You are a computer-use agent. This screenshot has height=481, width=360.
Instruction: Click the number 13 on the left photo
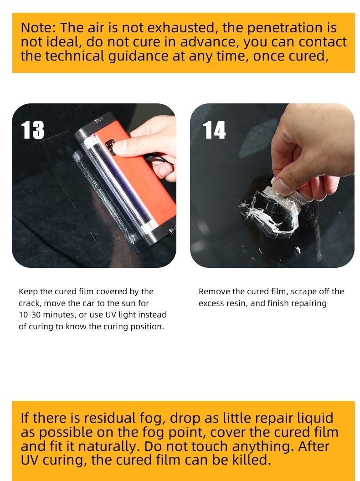(33, 130)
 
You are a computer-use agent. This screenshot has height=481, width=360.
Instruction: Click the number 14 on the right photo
(214, 130)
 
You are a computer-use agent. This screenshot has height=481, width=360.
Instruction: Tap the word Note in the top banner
(38, 28)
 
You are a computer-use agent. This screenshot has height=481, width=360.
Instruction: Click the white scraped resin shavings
(269, 212)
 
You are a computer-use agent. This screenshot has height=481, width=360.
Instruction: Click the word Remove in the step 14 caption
(213, 292)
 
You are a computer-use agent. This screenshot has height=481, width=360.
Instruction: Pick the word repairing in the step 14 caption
(309, 303)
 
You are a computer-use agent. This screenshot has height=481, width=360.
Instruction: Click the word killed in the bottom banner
(246, 460)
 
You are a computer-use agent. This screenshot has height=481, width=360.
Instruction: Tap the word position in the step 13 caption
(147, 327)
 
